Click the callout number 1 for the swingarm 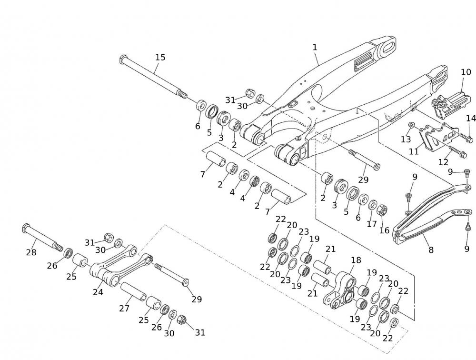coord(315,47)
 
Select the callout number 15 coord(160,58)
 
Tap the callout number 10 coord(466,72)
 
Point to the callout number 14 coord(471,118)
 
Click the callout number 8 coord(431,249)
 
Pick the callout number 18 coord(356,260)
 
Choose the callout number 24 coord(98,292)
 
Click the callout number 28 coord(31,252)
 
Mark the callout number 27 coord(124,308)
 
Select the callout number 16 coord(384,230)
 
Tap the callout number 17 coord(372,223)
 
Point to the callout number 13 coord(406,139)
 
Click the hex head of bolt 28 coord(26,229)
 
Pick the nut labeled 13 coord(412,126)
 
